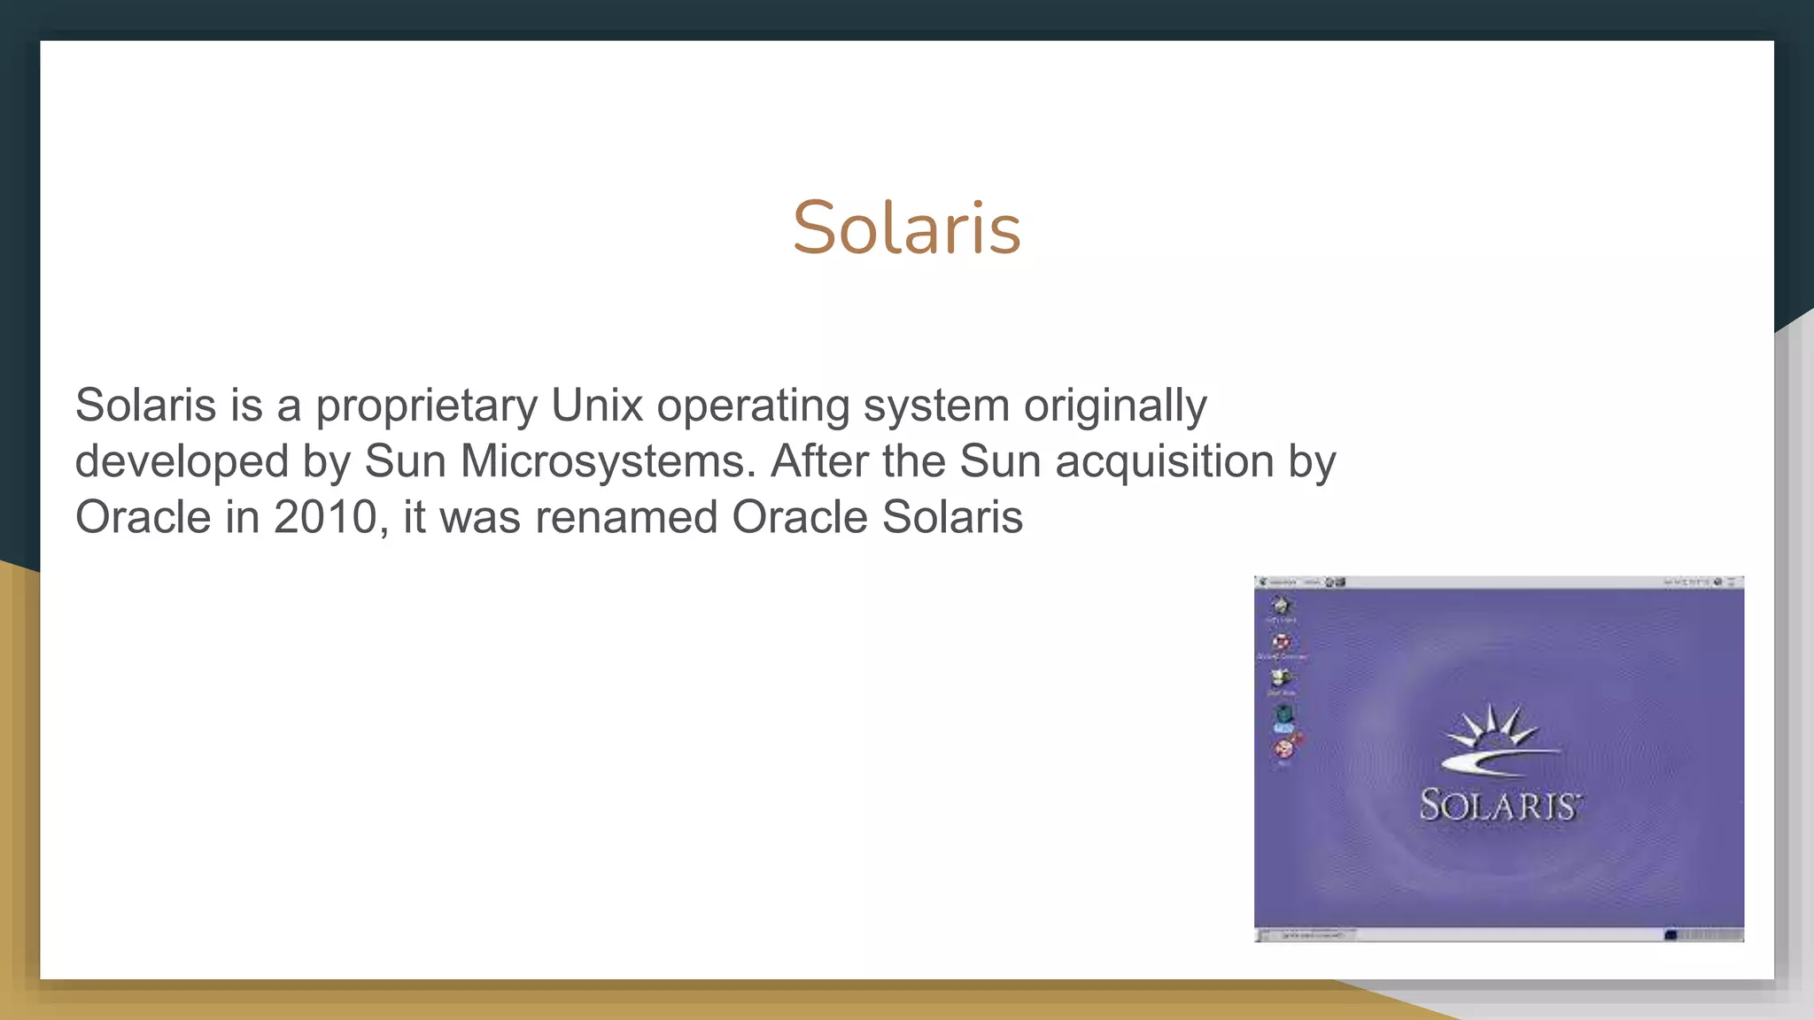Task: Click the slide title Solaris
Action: click(x=906, y=228)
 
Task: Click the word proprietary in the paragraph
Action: click(x=426, y=406)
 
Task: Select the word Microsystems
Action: click(x=608, y=461)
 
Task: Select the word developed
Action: click(x=182, y=461)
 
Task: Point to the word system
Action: click(x=936, y=406)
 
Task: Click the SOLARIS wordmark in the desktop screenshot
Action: click(x=1499, y=805)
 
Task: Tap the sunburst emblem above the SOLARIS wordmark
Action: click(x=1497, y=739)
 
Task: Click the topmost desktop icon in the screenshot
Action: click(x=1281, y=606)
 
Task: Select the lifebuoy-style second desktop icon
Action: click(x=1281, y=642)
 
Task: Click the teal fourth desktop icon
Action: click(x=1283, y=715)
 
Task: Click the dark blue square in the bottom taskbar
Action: click(x=1671, y=934)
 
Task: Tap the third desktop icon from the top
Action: click(x=1281, y=679)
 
